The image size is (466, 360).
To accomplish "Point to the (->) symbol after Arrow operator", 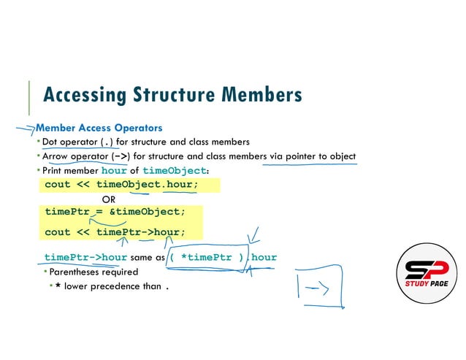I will (121, 156).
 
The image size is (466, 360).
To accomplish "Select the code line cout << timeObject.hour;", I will (121, 184).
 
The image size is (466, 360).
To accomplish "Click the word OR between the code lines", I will (109, 199).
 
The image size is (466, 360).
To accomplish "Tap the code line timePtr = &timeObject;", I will (115, 212).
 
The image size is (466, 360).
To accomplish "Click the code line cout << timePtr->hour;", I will (115, 232).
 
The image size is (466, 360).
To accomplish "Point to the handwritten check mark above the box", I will (253, 235).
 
